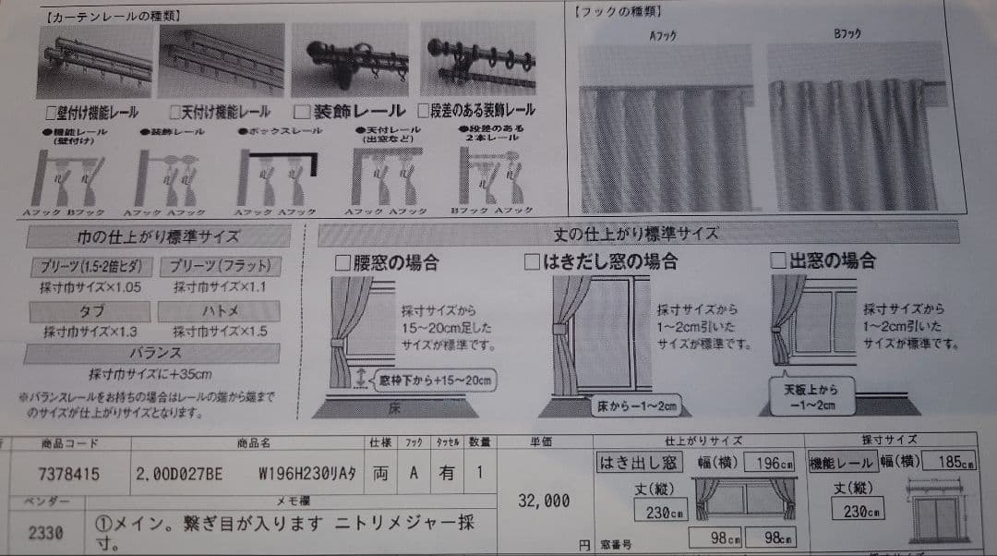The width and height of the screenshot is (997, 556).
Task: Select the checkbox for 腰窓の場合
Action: [x=341, y=262]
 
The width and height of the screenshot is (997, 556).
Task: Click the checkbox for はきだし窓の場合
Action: [x=532, y=262]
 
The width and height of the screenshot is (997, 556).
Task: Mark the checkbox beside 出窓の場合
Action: [x=777, y=261]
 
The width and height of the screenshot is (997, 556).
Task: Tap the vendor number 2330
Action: [x=46, y=533]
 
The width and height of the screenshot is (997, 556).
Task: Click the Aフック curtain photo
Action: [x=663, y=129]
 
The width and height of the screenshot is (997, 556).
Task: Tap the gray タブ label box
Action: [x=90, y=311]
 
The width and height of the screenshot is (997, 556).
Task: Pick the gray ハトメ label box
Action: [x=219, y=311]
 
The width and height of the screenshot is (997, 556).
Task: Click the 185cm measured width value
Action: [x=953, y=462]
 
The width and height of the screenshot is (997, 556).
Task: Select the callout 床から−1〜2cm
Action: [x=635, y=405]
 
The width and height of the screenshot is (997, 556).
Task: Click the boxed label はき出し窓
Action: [x=638, y=462]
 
